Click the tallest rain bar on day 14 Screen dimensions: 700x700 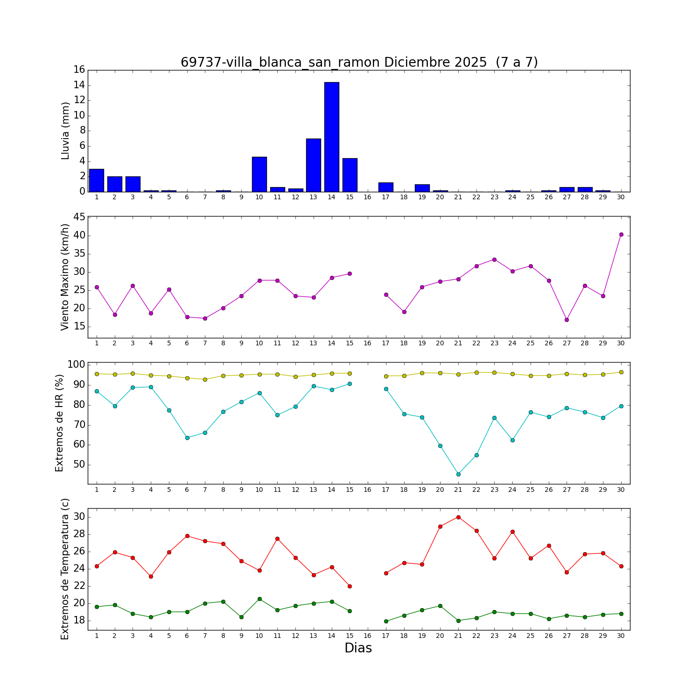331,137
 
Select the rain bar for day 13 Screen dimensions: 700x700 313,165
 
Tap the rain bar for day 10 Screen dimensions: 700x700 259,174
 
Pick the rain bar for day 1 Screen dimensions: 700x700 97,180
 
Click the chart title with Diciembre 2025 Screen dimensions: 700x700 359,62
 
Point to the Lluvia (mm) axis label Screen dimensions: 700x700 65,131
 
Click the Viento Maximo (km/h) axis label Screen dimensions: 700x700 65,277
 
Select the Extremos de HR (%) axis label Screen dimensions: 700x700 59,423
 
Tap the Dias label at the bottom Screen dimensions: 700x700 358,648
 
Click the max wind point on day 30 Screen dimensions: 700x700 621,234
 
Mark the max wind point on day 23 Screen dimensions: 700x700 494,259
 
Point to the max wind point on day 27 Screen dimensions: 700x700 567,320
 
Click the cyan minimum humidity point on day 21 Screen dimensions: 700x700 458,474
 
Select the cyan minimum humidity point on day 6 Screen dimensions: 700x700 187,438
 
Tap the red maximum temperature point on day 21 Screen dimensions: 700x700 458,517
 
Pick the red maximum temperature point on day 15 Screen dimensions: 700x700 350,586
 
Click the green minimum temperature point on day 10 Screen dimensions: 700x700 259,599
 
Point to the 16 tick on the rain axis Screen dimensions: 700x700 79,70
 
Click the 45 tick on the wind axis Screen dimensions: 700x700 79,217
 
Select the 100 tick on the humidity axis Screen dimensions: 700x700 77,364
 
